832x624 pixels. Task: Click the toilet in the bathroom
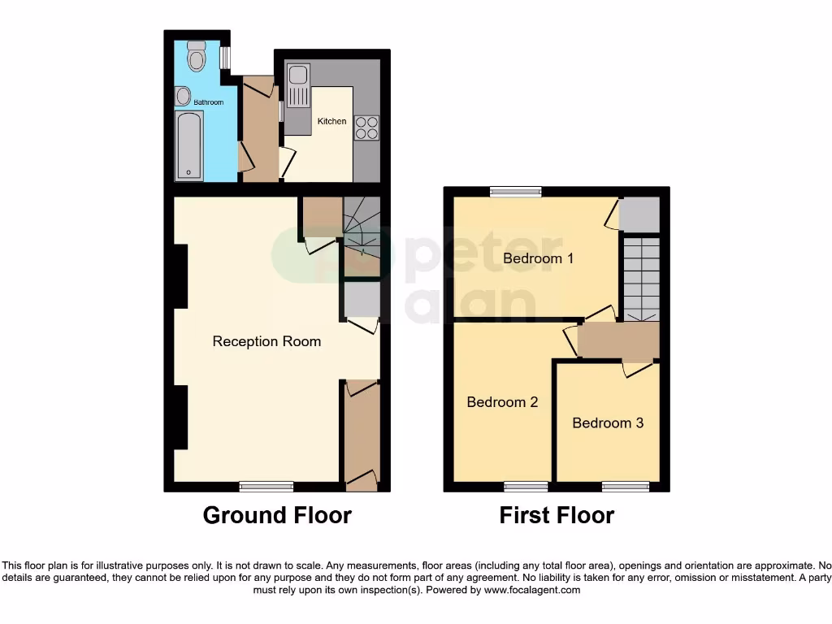(196, 56)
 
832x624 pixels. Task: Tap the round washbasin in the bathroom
(182, 96)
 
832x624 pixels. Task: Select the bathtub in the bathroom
(189, 146)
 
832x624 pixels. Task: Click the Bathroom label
(208, 102)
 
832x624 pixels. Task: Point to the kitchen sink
(297, 86)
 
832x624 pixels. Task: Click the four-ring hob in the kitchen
(366, 128)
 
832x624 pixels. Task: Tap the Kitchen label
(331, 121)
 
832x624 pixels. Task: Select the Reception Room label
(266, 341)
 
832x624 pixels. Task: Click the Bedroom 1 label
(538, 258)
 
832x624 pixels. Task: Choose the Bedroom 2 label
(502, 401)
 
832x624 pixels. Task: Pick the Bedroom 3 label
(608, 422)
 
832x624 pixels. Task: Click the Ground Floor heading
(277, 515)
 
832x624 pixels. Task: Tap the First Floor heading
(557, 515)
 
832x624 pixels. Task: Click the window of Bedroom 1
(516, 192)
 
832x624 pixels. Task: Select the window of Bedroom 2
(526, 487)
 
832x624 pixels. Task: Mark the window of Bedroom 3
(625, 487)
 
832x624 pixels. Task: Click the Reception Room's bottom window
(266, 487)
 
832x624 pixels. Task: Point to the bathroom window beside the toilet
(225, 57)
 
